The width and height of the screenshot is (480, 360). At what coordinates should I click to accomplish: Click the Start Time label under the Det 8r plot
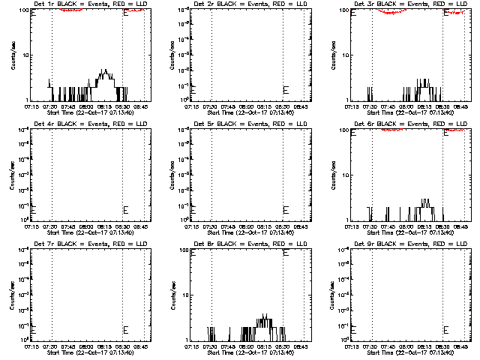pyautogui.click(x=247, y=351)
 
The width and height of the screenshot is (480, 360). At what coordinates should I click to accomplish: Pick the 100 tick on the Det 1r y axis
pyautogui.click(x=25, y=10)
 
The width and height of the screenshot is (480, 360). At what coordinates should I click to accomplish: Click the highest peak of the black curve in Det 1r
pyautogui.click(x=106, y=70)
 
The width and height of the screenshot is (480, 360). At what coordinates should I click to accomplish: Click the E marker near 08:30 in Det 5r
pyautogui.click(x=285, y=209)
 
